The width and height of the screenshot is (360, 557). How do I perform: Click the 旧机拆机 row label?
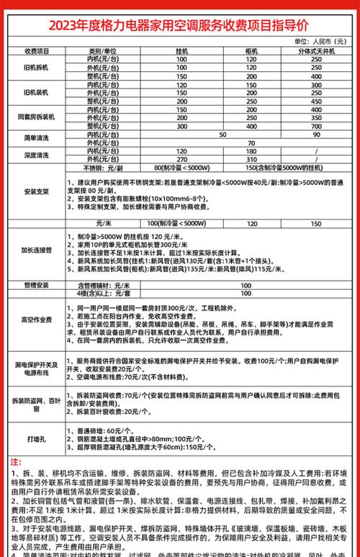36,68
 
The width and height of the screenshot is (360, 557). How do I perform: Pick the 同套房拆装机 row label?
36,117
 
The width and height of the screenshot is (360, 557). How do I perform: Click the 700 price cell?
316,124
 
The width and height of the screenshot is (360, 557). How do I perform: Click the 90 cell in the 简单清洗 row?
316,133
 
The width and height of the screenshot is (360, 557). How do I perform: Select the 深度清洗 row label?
36,155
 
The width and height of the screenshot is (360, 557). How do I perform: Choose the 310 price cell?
251,158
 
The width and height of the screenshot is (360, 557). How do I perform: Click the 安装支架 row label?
36,192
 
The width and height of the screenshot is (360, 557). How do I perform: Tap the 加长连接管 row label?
36,250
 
